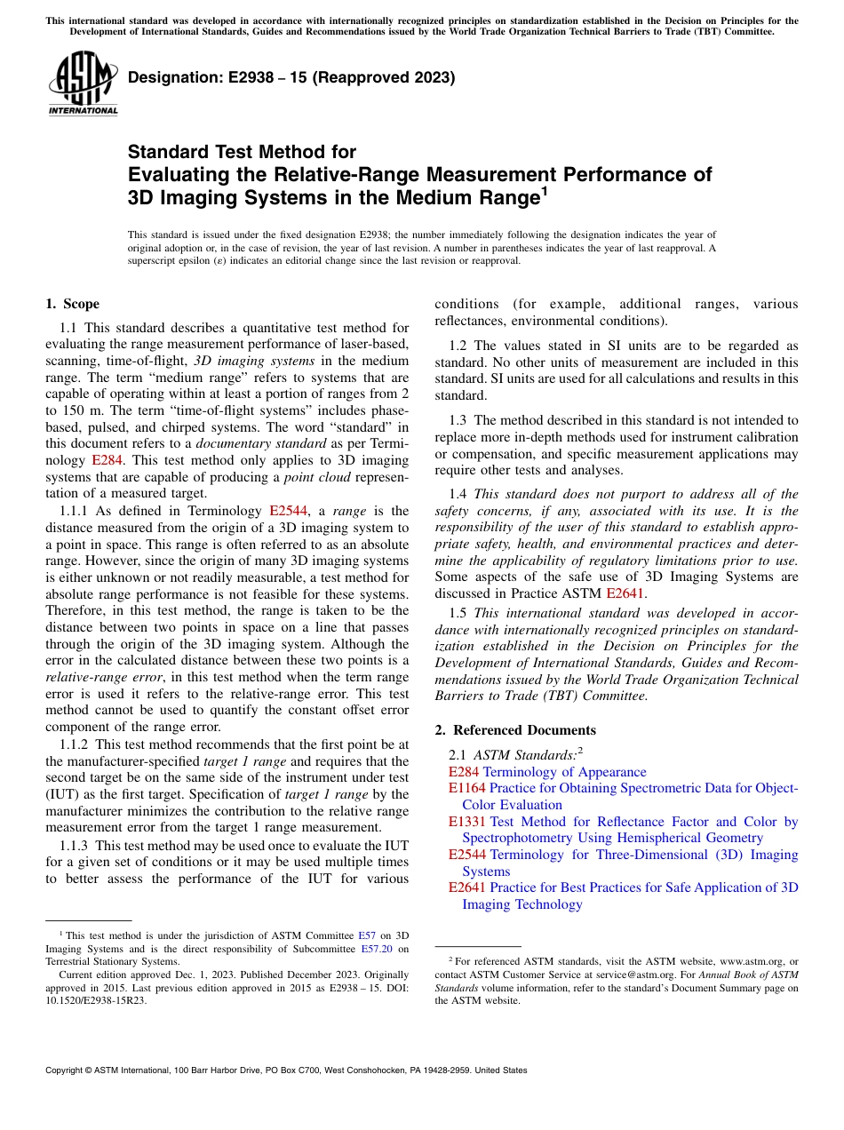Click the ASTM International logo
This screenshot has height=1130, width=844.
click(83, 84)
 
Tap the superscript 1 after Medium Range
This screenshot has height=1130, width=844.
click(545, 188)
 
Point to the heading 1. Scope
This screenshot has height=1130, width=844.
click(72, 304)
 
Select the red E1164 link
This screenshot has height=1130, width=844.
click(466, 788)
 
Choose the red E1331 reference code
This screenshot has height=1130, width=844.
click(466, 822)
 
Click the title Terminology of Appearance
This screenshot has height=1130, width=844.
click(564, 772)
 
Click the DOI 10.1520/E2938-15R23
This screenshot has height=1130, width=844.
click(89, 999)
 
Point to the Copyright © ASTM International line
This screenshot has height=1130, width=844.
click(286, 1070)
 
